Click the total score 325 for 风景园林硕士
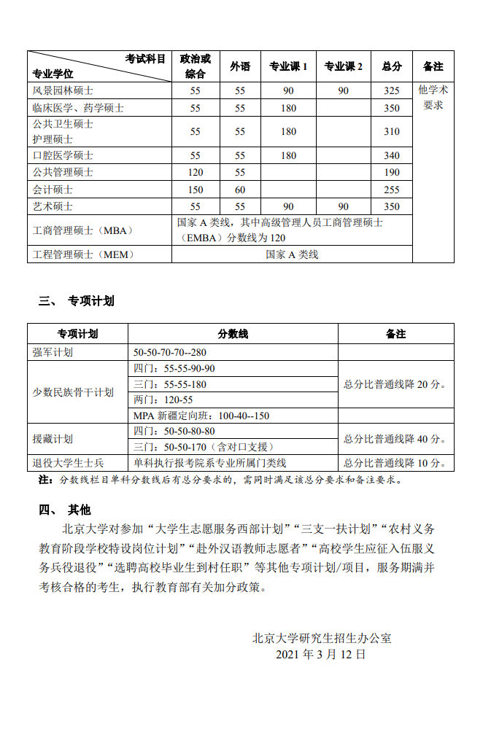(x=392, y=91)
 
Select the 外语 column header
(x=240, y=66)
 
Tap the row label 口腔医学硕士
(x=63, y=155)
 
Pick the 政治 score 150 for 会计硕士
(x=195, y=190)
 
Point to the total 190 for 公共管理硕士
(x=392, y=173)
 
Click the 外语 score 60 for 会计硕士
(x=240, y=190)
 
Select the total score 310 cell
(x=392, y=132)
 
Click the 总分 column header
(x=392, y=66)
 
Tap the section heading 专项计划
(x=91, y=301)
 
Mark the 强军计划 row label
(x=53, y=352)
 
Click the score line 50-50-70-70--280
(x=169, y=352)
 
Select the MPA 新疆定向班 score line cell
(x=201, y=416)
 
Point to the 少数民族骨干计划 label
(x=73, y=392)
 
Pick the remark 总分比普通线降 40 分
(x=395, y=439)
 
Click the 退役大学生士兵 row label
(x=68, y=463)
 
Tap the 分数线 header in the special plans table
(x=233, y=334)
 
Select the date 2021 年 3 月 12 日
(x=321, y=654)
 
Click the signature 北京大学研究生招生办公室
(x=322, y=638)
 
